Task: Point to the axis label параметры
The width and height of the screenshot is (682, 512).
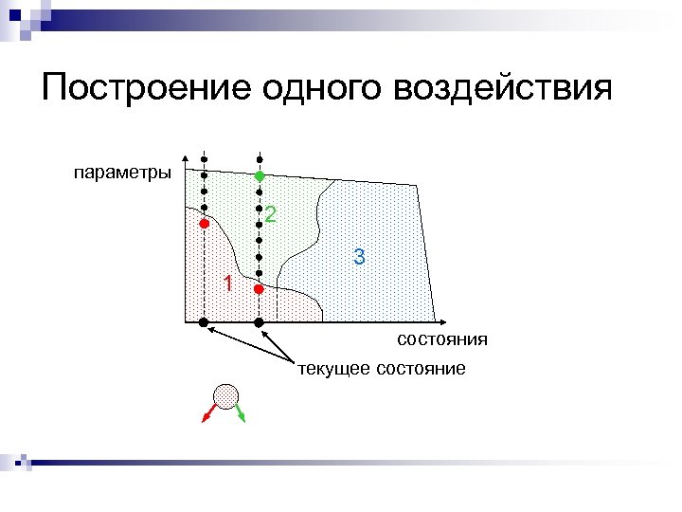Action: coord(122,173)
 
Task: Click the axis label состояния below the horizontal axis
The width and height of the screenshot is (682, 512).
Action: coord(442,339)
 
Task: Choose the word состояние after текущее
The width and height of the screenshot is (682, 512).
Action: coord(422,368)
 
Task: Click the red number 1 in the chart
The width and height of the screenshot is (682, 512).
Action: coord(226,283)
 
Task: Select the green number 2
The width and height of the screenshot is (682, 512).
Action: coord(271,215)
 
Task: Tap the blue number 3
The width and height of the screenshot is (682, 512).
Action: coord(359,256)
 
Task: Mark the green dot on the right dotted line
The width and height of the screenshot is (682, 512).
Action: coord(259,176)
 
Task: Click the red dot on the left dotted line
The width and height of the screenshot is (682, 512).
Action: coord(203,224)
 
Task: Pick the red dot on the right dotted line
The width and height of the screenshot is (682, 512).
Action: coord(259,289)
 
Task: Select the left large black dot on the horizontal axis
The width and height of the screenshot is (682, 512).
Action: coord(203,323)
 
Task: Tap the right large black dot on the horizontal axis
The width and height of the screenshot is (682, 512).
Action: coord(260,323)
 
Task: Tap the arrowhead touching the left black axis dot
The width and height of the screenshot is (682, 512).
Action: coord(212,329)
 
